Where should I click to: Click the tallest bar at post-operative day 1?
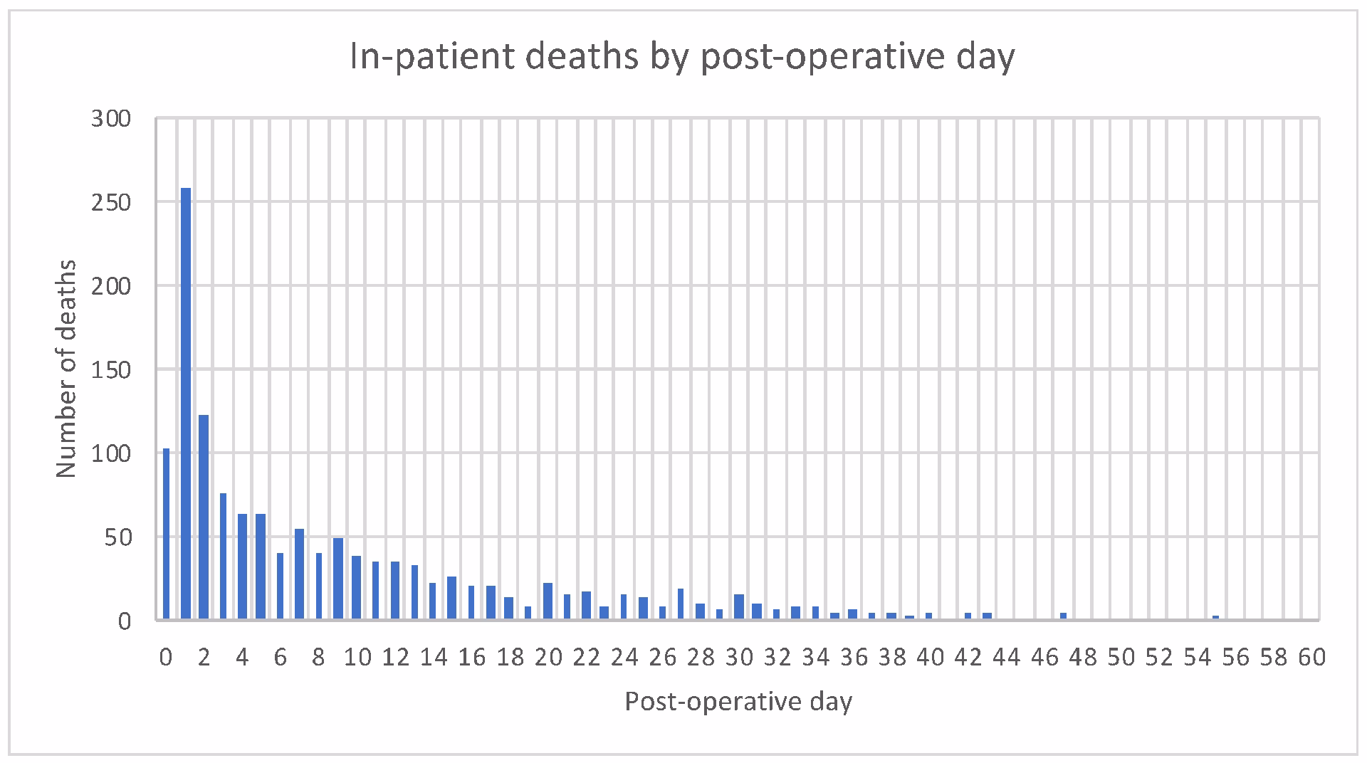[186, 403]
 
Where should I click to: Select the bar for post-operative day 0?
[167, 534]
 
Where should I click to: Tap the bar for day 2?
[204, 517]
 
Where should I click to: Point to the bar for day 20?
[548, 601]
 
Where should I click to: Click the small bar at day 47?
[1063, 616]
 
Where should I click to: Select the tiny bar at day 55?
[1216, 618]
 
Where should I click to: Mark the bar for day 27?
[681, 604]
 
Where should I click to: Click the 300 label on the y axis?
[111, 119]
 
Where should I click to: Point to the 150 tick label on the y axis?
[111, 370]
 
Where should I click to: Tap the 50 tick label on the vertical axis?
[118, 537]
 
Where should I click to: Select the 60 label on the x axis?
[1311, 657]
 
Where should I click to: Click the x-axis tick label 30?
[739, 657]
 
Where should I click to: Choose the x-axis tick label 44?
[1006, 657]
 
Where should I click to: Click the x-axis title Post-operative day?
[738, 702]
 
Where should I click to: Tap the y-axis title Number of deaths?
[66, 369]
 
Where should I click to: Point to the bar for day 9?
[338, 579]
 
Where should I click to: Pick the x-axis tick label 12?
[395, 657]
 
